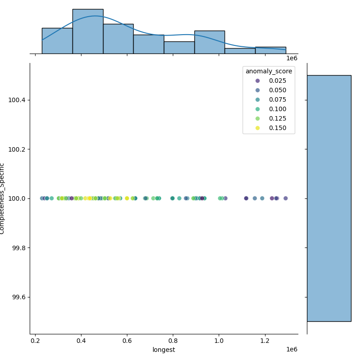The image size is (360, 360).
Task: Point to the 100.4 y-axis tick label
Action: [17, 100]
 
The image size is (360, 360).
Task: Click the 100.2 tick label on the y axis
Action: [17, 149]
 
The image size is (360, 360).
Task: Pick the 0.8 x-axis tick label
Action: [173, 341]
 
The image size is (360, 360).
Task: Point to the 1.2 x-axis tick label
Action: [265, 341]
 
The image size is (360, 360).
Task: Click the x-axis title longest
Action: [164, 350]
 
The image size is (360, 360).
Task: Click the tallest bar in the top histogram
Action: [88, 31]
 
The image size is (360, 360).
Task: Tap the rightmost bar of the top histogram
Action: [270, 50]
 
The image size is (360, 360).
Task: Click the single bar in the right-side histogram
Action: [329, 198]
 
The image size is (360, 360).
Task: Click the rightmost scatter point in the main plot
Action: [285, 198]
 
